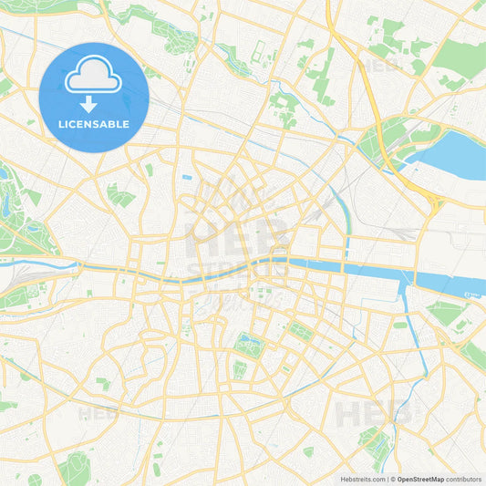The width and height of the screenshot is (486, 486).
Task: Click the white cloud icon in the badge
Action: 94,78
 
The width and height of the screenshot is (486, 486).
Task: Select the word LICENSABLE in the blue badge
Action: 94,124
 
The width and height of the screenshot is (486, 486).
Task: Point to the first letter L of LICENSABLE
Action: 61,124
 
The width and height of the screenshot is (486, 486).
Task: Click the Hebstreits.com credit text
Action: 362,479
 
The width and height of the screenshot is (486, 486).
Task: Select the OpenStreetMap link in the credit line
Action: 420,479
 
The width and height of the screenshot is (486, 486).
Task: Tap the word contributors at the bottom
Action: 464,479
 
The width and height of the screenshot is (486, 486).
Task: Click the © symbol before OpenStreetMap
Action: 392,479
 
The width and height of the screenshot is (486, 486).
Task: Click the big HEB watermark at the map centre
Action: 237,239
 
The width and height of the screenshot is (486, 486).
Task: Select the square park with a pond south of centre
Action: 246,345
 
